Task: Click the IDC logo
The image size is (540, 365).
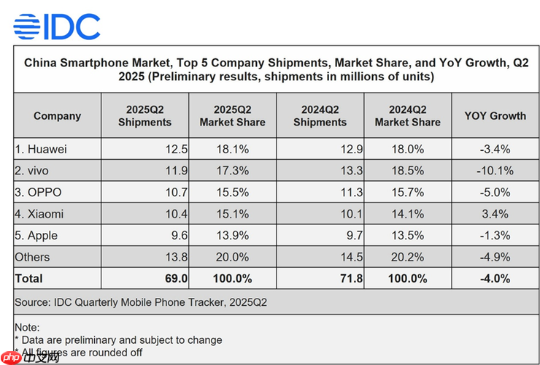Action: [x=57, y=26]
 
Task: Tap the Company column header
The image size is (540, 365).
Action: [x=57, y=116]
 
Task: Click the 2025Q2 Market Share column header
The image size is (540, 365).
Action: [x=232, y=116]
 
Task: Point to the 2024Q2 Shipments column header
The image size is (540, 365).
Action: [x=320, y=116]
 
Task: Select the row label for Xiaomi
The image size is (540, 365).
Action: [x=40, y=214]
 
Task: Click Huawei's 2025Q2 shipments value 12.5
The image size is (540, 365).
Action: [x=176, y=150]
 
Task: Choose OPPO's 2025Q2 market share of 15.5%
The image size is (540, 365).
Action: [x=232, y=193]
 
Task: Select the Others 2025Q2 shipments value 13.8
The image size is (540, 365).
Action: [x=176, y=257]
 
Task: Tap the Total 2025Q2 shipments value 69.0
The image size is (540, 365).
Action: [x=176, y=278]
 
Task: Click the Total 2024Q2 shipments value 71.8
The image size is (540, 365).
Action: [x=351, y=278]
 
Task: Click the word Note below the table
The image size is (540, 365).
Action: [x=27, y=328]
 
